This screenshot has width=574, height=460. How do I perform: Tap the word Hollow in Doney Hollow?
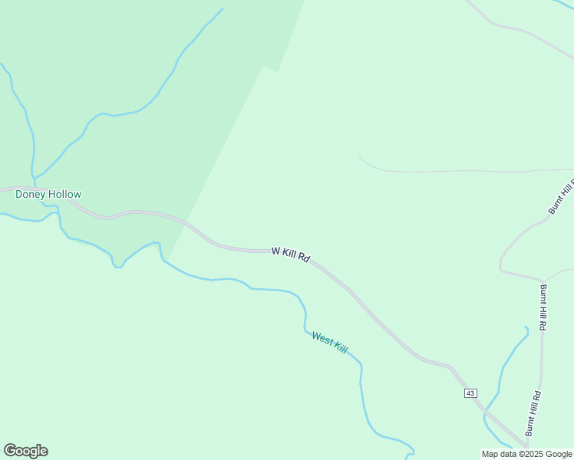[x=65, y=195]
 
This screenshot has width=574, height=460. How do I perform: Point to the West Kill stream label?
[x=330, y=343]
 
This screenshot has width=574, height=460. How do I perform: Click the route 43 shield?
[x=470, y=393]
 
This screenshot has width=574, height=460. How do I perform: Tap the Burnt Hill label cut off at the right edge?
[x=562, y=197]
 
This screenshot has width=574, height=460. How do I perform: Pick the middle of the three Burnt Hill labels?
[x=543, y=307]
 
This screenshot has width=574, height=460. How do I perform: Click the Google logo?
[x=25, y=451]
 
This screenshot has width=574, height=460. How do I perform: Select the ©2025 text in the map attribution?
[x=528, y=454]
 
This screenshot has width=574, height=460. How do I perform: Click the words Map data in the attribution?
[x=499, y=454]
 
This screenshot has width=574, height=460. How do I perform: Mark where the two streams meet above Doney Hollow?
[x=34, y=181]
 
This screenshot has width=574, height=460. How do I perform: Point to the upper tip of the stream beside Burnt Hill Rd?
[x=526, y=327]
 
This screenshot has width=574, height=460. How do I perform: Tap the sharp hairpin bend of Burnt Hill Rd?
[x=500, y=268]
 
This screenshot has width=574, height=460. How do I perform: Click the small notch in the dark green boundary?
[x=269, y=68]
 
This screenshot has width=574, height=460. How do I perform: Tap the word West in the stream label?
[x=322, y=338]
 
